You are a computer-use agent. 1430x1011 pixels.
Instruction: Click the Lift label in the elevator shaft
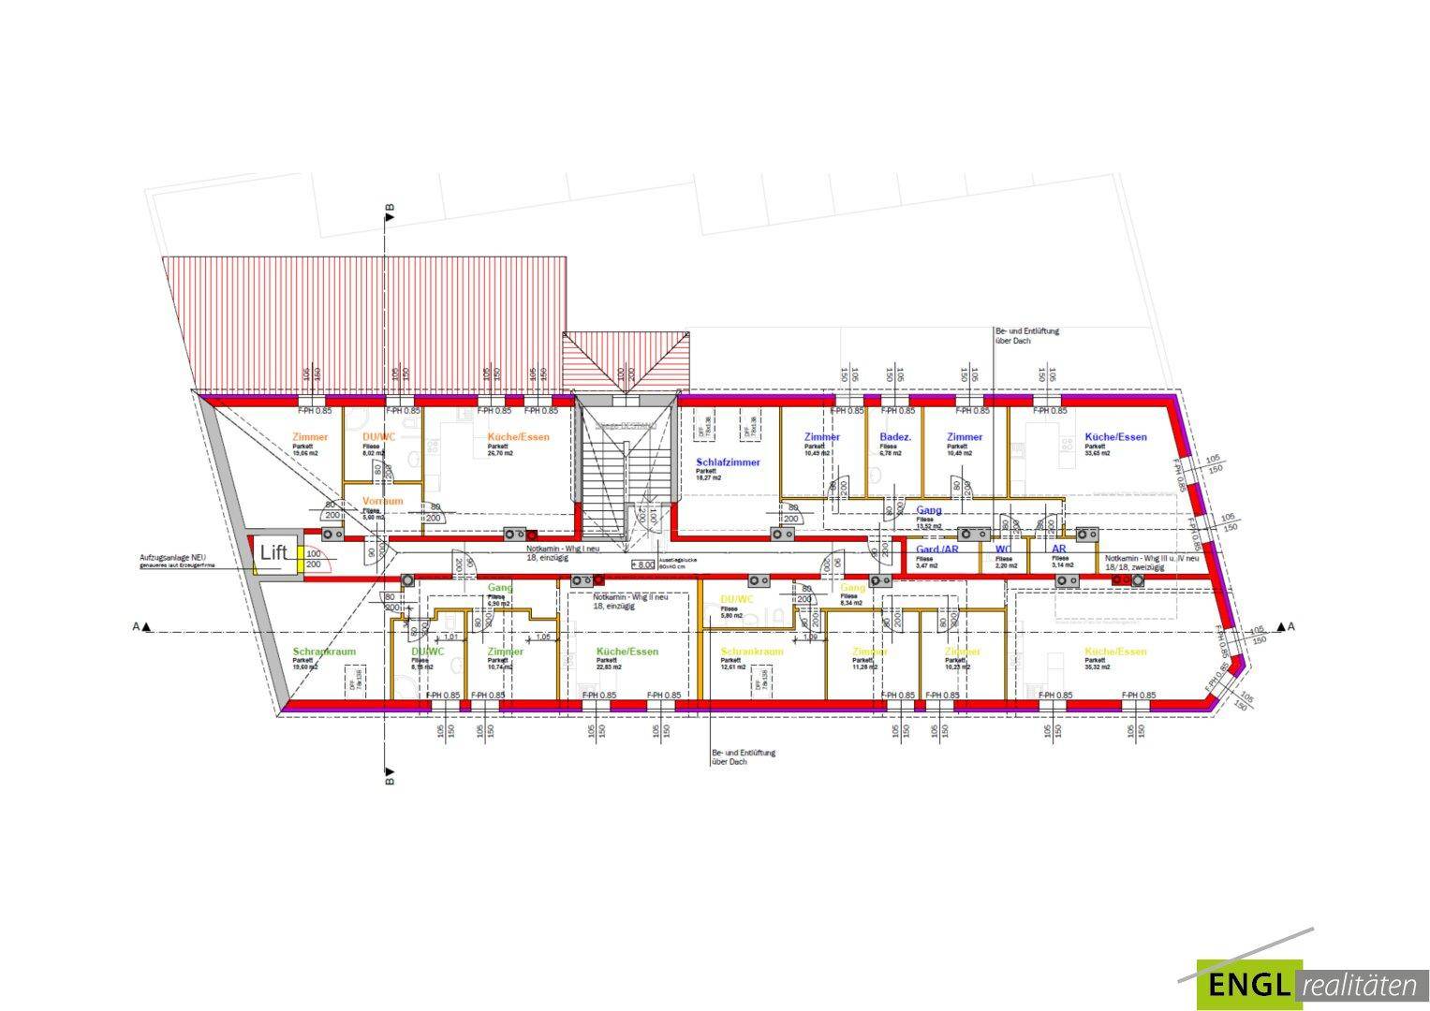273,552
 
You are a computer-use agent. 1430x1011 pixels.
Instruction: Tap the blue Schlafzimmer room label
728,462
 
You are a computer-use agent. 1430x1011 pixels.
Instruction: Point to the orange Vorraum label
382,501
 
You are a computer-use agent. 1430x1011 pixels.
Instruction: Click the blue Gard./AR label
936,549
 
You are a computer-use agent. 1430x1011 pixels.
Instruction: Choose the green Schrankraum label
324,652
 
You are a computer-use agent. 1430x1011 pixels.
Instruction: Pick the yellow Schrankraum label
751,652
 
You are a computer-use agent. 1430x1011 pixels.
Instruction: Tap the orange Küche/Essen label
518,437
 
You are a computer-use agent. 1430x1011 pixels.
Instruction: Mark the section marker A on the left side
140,626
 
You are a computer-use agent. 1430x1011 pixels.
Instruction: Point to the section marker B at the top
390,211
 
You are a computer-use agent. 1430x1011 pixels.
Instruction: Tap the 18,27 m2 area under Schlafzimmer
709,477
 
